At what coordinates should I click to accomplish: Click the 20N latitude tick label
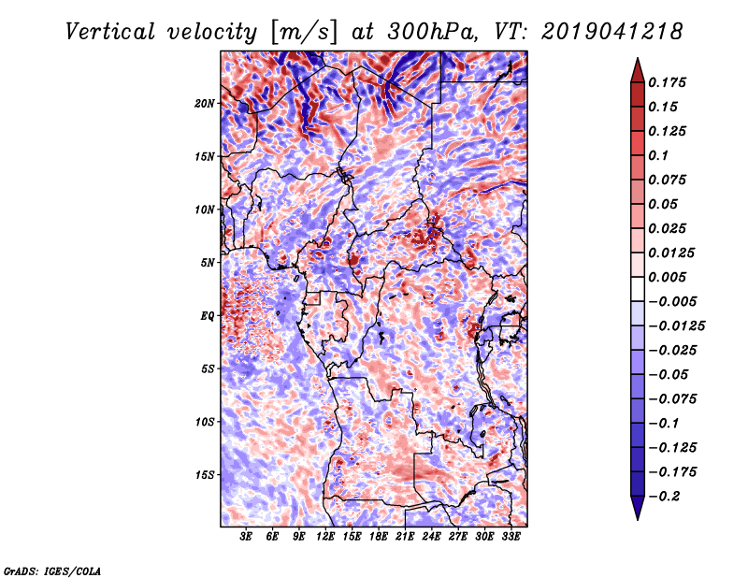[x=205, y=103]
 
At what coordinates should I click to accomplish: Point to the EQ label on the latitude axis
[x=208, y=316]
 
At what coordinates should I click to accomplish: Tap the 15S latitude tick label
[x=205, y=475]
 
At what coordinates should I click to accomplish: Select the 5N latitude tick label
[x=208, y=263]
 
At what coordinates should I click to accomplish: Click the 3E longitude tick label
[x=246, y=537]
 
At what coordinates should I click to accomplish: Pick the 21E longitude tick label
[x=405, y=537]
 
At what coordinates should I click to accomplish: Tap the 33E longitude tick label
[x=511, y=537]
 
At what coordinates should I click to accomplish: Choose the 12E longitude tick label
[x=324, y=537]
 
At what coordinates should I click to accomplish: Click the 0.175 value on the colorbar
[x=667, y=82]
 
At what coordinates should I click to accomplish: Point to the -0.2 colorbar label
[x=663, y=497]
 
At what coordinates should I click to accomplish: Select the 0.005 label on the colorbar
[x=667, y=277]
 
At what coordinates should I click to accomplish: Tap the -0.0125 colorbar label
[x=676, y=326]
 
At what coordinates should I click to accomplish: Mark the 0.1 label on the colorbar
[x=658, y=155]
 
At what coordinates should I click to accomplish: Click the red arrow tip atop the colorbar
[x=638, y=59]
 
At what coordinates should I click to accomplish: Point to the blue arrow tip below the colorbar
[x=638, y=519]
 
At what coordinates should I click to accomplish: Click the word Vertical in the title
[x=110, y=32]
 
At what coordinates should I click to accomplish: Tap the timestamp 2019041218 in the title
[x=612, y=32]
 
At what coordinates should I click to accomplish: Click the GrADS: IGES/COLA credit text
[x=52, y=571]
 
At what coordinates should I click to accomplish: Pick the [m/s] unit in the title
[x=303, y=33]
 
